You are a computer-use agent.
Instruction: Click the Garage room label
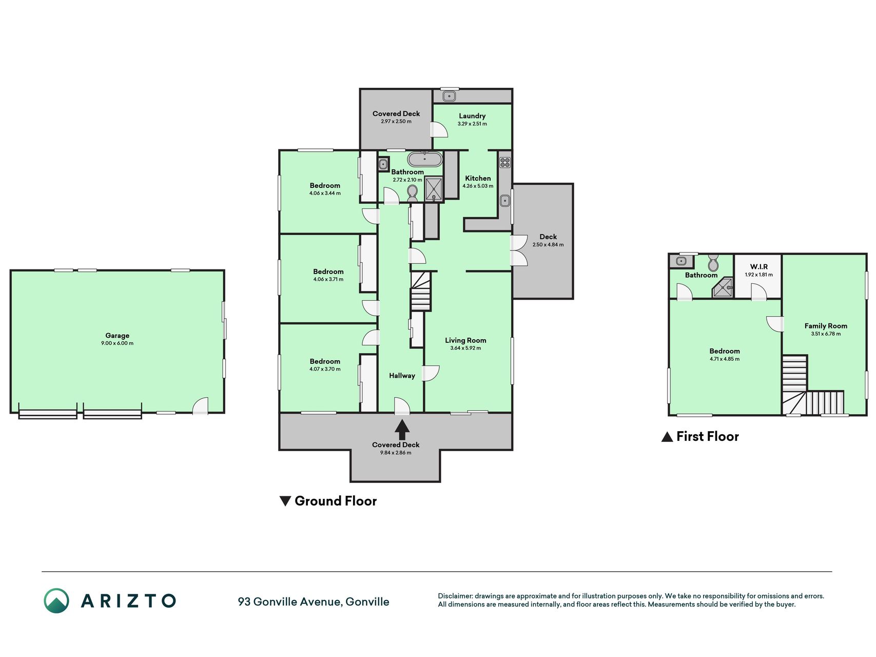(117, 336)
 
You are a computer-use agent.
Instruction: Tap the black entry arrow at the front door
(402, 430)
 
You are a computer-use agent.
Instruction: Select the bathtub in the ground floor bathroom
(424, 159)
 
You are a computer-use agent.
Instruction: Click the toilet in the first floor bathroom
(713, 262)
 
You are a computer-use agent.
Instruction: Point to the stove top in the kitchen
(505, 162)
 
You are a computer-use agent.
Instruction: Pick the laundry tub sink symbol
(450, 96)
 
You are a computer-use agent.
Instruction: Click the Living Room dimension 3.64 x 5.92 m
(465, 348)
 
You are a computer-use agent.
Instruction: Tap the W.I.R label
(758, 267)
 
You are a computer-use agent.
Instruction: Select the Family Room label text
(826, 326)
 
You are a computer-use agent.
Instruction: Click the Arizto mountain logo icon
(56, 601)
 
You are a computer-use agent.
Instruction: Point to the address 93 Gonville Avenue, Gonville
(314, 602)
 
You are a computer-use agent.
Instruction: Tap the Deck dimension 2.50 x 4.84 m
(548, 245)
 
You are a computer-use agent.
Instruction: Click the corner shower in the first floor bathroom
(723, 287)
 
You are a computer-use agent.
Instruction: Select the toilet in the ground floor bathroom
(412, 193)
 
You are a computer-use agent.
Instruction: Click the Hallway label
(402, 376)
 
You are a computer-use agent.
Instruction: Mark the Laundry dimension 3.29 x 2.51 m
(472, 124)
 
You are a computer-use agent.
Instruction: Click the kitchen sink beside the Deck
(505, 200)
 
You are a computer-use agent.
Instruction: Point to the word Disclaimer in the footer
(455, 596)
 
